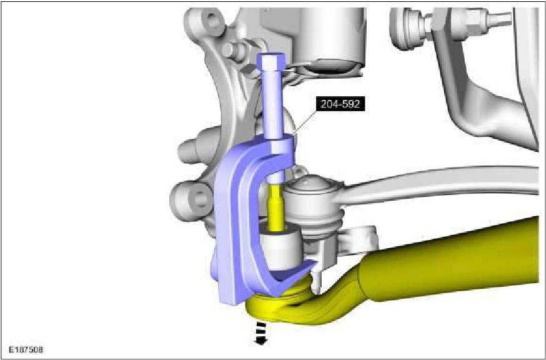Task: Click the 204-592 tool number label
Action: pyautogui.click(x=340, y=104)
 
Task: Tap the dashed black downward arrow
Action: pyautogui.click(x=261, y=333)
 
